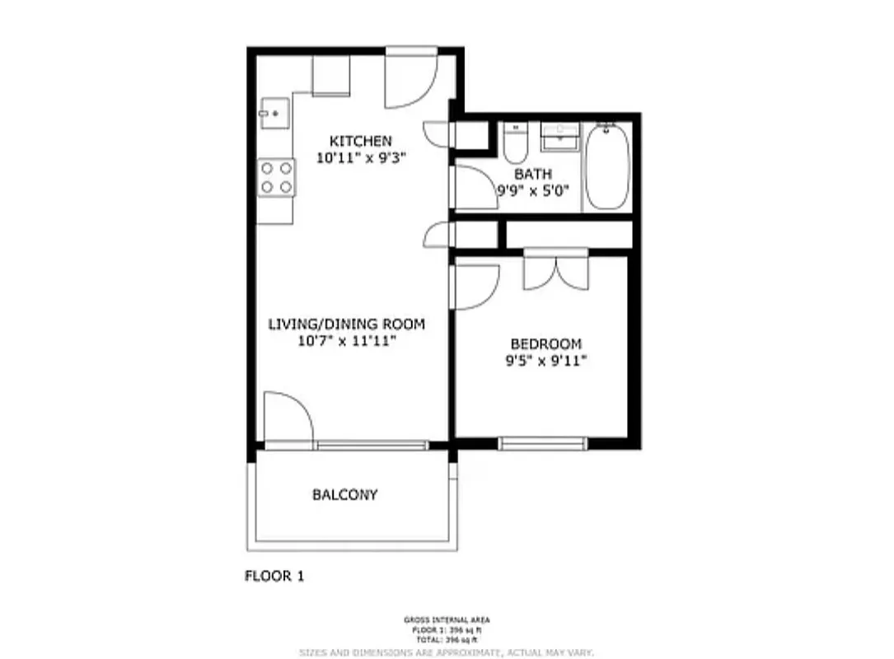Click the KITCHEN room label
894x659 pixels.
(x=361, y=140)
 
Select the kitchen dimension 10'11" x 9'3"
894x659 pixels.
(x=361, y=157)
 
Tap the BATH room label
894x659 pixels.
(x=533, y=174)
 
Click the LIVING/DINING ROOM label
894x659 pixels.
(x=347, y=324)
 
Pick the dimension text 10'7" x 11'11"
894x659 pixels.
(x=347, y=340)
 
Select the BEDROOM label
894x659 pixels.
(x=545, y=344)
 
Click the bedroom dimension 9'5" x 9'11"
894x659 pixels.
(x=545, y=360)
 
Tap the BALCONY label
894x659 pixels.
(x=344, y=495)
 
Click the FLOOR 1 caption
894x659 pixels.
(x=274, y=576)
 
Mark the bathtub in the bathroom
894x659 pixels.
(x=607, y=167)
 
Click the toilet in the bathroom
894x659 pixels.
(x=516, y=144)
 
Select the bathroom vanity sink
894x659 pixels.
(x=560, y=138)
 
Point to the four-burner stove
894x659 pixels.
(x=276, y=177)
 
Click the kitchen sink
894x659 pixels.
(x=274, y=113)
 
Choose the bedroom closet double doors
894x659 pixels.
(x=556, y=269)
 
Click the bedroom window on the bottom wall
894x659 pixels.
(x=543, y=443)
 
